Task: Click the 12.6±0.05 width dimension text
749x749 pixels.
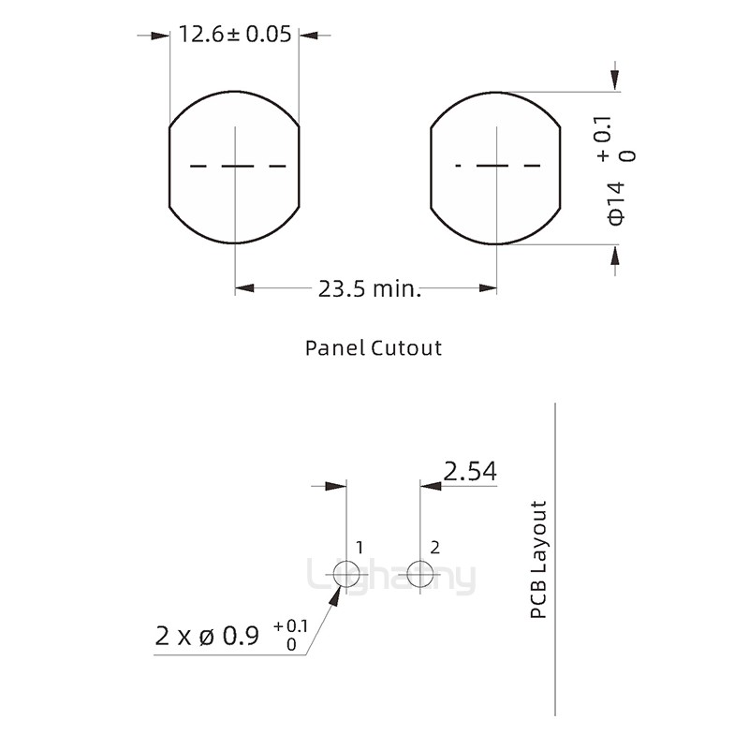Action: click(234, 36)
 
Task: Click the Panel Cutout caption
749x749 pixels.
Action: click(374, 348)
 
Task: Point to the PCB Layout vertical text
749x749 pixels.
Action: click(537, 560)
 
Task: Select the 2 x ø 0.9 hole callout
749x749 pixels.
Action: click(207, 637)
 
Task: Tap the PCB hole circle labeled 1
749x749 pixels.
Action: click(346, 573)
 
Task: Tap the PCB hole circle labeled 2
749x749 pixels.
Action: click(421, 573)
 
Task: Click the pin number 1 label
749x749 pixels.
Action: click(360, 546)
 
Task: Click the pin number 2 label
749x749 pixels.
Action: click(434, 546)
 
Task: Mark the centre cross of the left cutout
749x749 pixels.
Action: click(234, 166)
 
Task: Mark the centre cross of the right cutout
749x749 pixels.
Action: click(496, 166)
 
